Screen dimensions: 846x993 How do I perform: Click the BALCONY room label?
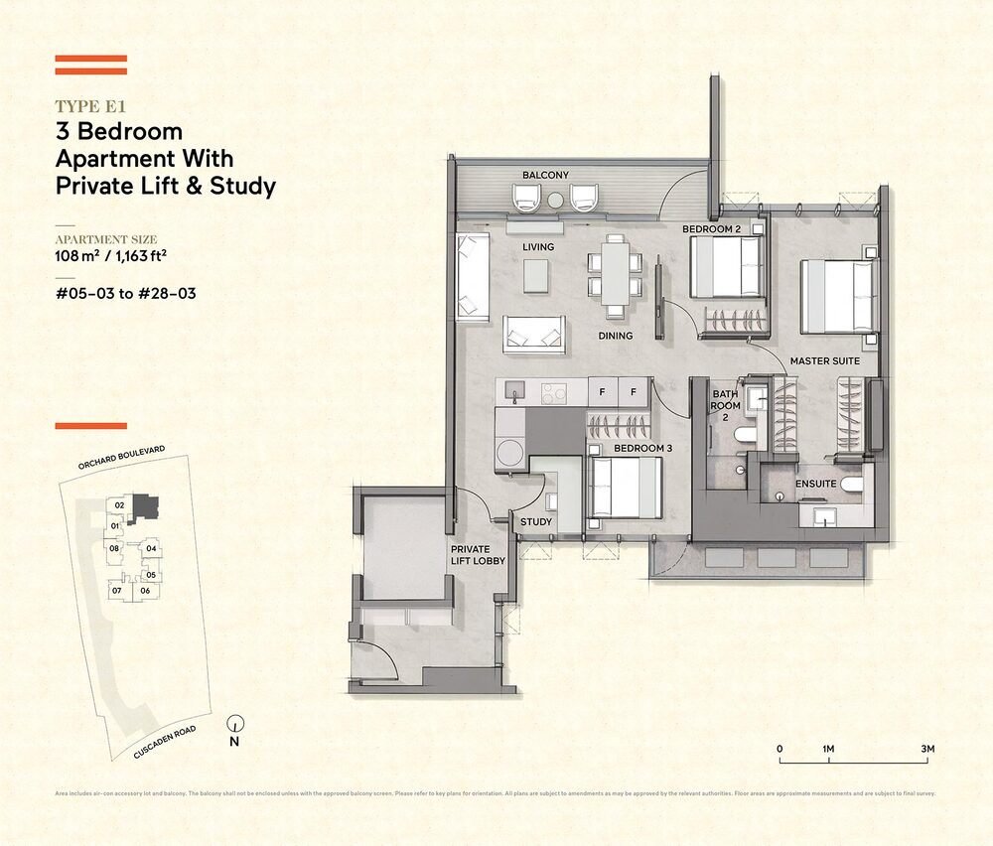[x=545, y=176]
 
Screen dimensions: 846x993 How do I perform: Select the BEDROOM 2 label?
[x=711, y=229]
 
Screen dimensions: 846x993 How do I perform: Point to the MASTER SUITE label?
[x=823, y=361]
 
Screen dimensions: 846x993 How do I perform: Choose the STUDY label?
[x=536, y=522]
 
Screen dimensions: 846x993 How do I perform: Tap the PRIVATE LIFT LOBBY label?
[x=478, y=555]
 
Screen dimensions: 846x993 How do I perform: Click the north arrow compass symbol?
[x=235, y=725]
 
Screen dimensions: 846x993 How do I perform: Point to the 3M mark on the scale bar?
[x=928, y=748]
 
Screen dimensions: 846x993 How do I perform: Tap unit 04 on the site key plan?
[x=151, y=548]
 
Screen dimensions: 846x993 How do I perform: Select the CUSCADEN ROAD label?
[x=166, y=742]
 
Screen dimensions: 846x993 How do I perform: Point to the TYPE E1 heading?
[x=90, y=106]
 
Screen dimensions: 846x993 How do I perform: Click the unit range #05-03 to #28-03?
[x=121, y=294]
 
